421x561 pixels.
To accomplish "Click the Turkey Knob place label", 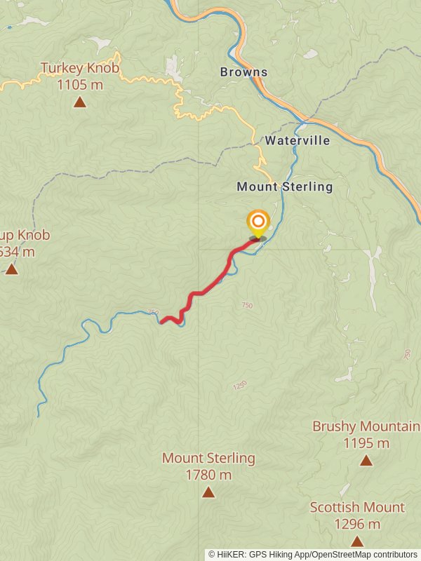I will (x=79, y=68).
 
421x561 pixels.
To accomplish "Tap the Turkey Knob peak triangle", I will (x=80, y=102).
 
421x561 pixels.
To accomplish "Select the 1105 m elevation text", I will (x=79, y=85).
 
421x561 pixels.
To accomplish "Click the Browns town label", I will (x=243, y=72).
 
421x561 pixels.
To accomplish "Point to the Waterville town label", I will (x=298, y=140).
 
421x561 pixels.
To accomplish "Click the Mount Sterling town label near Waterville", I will (x=284, y=187).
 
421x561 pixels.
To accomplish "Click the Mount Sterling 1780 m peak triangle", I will (x=208, y=492).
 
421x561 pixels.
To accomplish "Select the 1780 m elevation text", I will (x=208, y=475).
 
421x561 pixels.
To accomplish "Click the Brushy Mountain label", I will (x=366, y=426).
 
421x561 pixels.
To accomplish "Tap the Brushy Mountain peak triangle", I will (x=366, y=461).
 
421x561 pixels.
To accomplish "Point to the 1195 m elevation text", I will (x=366, y=443).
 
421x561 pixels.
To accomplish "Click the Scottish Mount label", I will (x=357, y=507).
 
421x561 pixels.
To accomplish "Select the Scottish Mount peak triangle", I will (x=357, y=541).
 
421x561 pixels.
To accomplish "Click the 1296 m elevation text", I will (x=357, y=524).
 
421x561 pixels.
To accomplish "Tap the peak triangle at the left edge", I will (x=11, y=269).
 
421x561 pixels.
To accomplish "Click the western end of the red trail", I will (x=161, y=322).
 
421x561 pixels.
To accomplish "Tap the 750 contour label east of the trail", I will (x=246, y=305).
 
